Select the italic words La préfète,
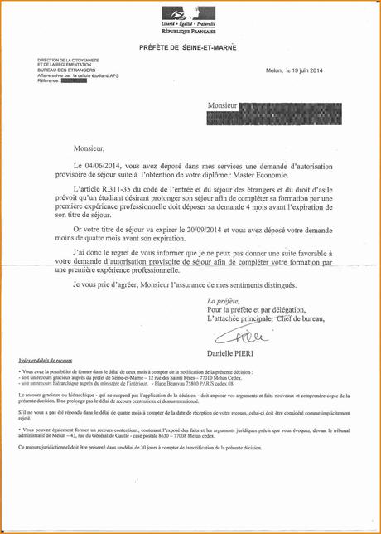point(223,300)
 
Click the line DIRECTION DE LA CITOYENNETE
point(68,61)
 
